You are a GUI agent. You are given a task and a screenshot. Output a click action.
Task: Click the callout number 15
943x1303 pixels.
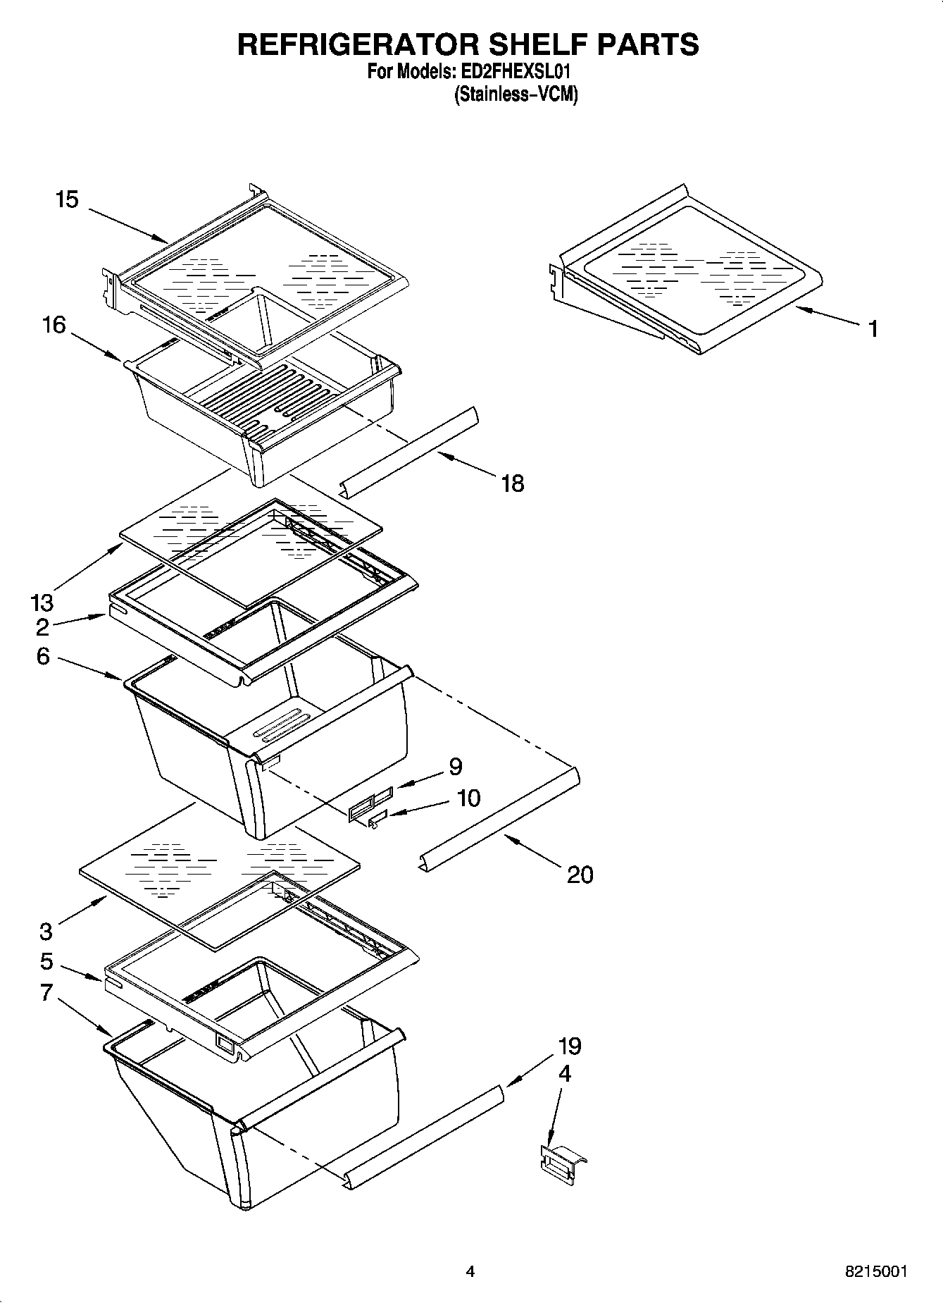(x=67, y=200)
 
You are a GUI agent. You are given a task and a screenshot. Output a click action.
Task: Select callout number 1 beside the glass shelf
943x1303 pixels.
(x=873, y=329)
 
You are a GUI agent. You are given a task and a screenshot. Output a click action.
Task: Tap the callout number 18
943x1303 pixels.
(x=513, y=483)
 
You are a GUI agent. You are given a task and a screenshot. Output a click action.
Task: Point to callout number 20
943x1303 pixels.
(x=580, y=875)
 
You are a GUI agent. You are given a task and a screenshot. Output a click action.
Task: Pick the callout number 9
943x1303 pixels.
(x=456, y=767)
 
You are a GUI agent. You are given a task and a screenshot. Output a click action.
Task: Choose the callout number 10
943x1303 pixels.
(x=468, y=798)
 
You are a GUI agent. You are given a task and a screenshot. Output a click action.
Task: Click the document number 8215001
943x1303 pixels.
(x=875, y=1272)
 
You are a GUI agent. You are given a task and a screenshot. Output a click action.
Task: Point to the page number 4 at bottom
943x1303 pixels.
(x=470, y=1272)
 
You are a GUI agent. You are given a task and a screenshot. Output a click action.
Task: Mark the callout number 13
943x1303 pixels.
(x=42, y=603)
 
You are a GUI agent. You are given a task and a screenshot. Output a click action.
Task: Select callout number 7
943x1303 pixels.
(x=46, y=992)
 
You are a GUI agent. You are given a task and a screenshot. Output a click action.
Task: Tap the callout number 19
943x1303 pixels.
(x=570, y=1046)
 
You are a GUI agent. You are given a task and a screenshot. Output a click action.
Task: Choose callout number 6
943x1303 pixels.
(x=43, y=657)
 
